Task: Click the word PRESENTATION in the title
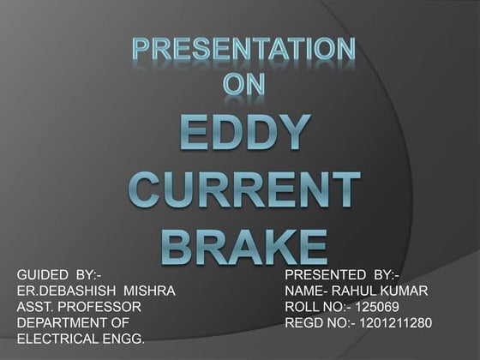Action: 243,49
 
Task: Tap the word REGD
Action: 303,323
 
